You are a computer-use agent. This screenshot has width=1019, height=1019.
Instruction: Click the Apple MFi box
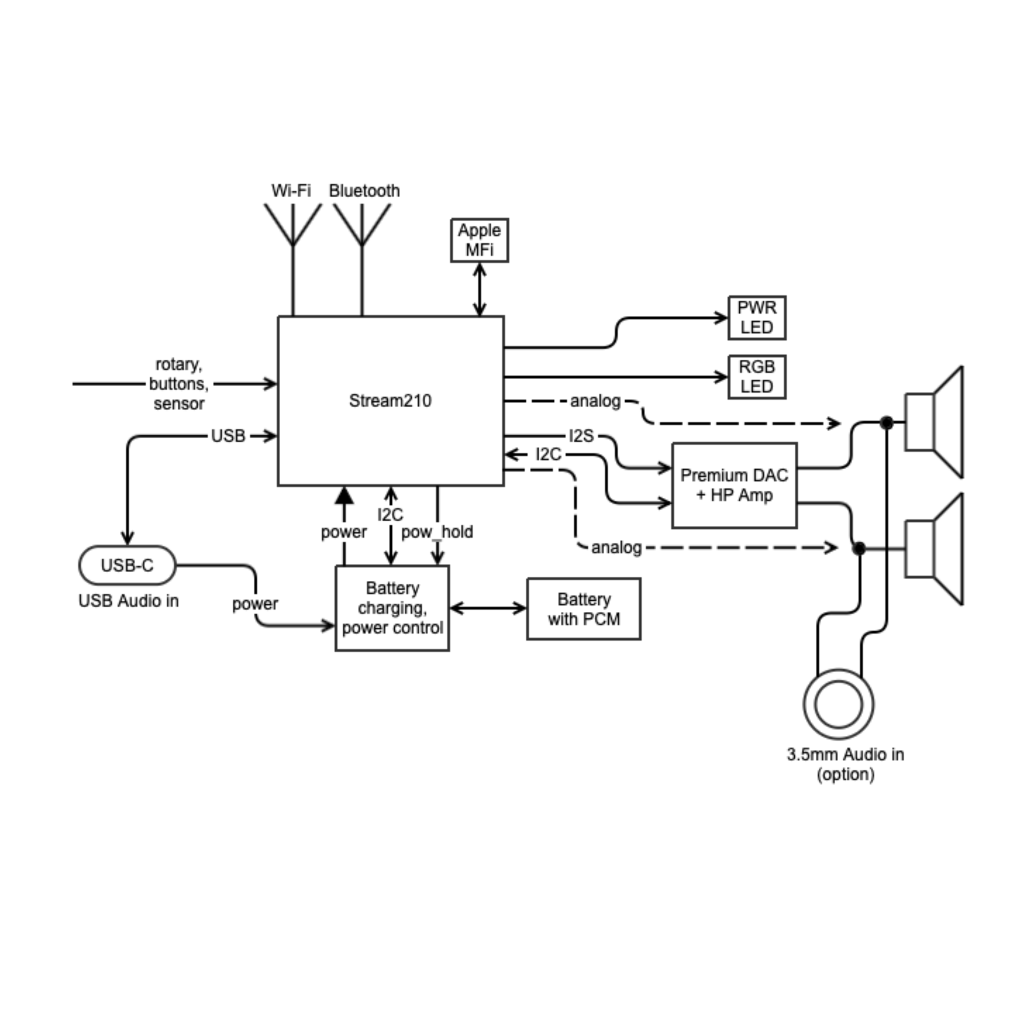pos(479,240)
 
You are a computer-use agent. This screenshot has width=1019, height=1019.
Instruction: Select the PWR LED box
pos(757,317)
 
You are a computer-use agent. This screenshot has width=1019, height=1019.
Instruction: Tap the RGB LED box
pos(757,377)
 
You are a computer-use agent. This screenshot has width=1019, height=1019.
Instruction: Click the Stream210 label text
pos(390,401)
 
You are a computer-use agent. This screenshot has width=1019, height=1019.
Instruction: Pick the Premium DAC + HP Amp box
pos(734,485)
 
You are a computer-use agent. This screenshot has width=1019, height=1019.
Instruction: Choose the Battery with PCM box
pos(584,609)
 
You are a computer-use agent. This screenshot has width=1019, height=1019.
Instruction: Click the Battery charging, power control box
pos(392,608)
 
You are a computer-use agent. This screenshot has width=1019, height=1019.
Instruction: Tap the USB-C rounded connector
pos(127,566)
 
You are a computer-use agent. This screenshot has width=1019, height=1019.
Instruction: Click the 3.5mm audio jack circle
pos(839,704)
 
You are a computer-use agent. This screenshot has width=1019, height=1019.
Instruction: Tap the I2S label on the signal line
pos(582,436)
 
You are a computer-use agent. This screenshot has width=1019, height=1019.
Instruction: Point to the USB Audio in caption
pos(129,601)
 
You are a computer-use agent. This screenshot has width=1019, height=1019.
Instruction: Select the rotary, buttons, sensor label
pos(179,384)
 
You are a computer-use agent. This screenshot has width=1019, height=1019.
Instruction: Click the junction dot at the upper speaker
pos(887,422)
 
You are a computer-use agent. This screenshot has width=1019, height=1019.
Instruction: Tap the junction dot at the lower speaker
pos(859,549)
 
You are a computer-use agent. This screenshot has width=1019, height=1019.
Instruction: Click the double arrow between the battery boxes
pos(488,608)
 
